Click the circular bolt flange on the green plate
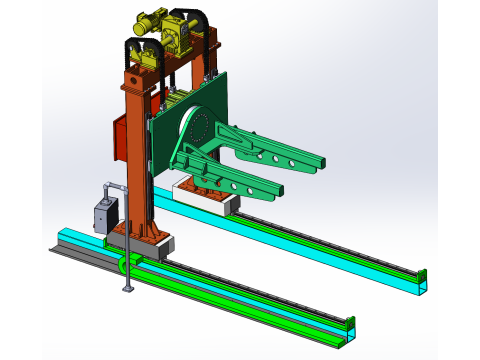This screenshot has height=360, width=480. [x=197, y=127]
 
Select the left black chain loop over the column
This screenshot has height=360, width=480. [x=129, y=50]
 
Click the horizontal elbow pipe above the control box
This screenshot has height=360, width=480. [x=116, y=186]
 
